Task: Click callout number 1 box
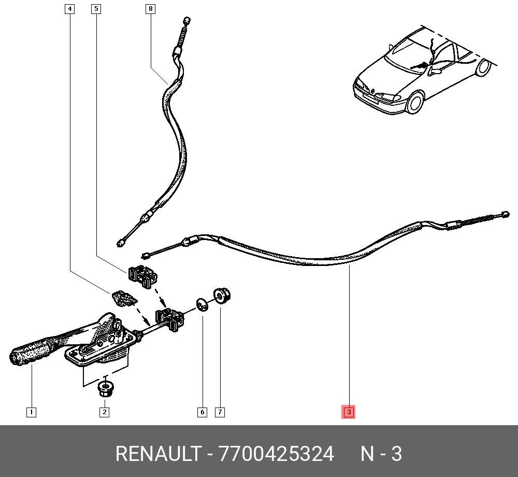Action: tap(31, 412)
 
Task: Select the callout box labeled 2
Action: tap(105, 412)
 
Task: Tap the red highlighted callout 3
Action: tap(349, 412)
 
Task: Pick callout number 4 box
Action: tap(69, 9)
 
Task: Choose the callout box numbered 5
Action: tap(96, 9)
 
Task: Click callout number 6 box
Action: tap(202, 412)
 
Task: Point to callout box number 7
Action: tap(220, 412)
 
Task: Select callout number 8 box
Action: tap(151, 9)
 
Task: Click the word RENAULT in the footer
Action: tap(159, 454)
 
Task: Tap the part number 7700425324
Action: tap(277, 454)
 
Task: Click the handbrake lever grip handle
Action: tap(30, 352)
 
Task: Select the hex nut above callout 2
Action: tap(105, 389)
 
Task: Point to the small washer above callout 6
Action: tap(202, 305)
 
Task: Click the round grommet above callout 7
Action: tap(222, 295)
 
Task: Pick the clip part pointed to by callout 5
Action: tap(142, 276)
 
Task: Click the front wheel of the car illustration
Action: tap(415, 103)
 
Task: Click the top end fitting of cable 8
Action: tap(186, 21)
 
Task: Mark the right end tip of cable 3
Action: tap(506, 214)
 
